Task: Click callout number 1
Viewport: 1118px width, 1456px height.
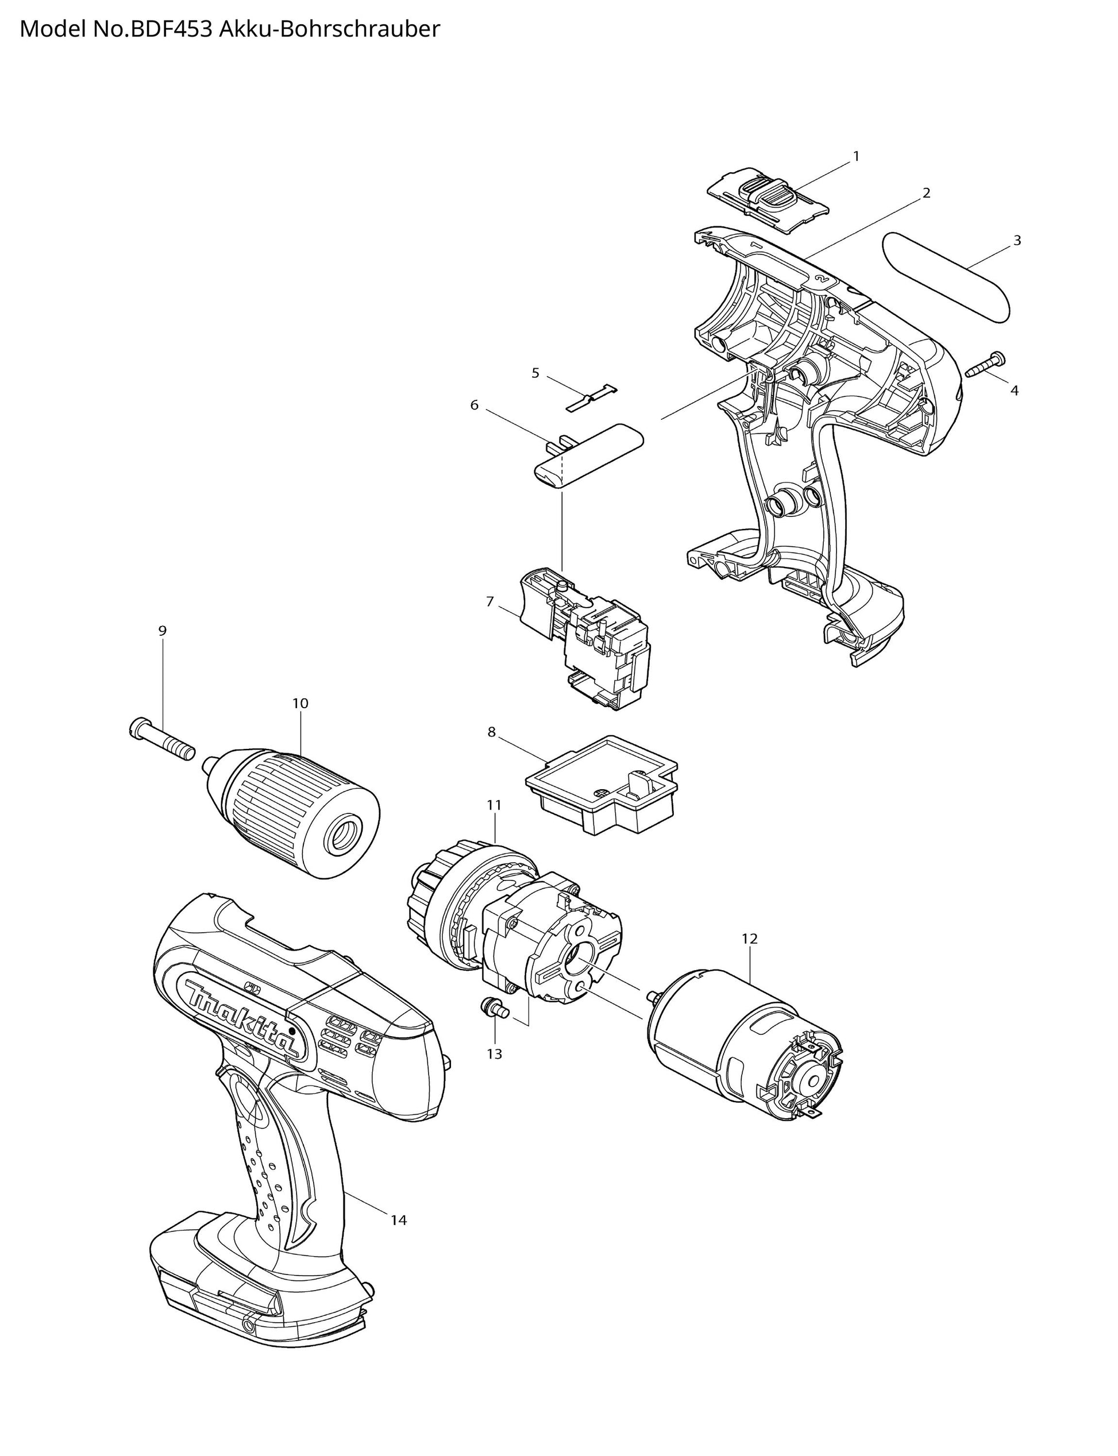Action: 857,156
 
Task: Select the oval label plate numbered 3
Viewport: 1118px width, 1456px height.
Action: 947,278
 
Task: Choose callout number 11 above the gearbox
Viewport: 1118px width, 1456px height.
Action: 494,805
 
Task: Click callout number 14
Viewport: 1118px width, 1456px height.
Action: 398,1220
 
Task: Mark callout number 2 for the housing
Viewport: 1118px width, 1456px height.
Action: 926,193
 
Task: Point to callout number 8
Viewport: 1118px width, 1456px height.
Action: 491,732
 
